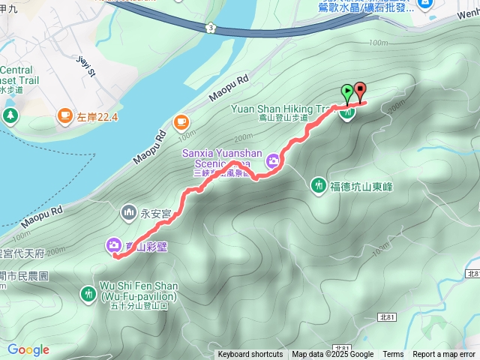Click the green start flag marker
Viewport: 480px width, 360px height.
347,93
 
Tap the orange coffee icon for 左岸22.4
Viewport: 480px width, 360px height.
65,115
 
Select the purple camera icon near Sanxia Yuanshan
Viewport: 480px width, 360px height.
274,159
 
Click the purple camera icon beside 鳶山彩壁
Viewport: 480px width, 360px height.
113,244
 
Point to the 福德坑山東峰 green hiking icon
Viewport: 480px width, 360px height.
319,185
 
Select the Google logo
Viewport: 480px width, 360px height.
28,349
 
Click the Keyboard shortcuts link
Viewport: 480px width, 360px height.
250,355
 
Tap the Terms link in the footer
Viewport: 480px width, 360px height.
393,355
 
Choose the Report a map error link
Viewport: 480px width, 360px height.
444,355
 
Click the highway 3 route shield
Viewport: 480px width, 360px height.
212,28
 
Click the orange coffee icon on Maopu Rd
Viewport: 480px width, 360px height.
181,121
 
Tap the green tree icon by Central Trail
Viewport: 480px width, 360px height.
10,115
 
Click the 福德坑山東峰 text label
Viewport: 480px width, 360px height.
361,186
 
